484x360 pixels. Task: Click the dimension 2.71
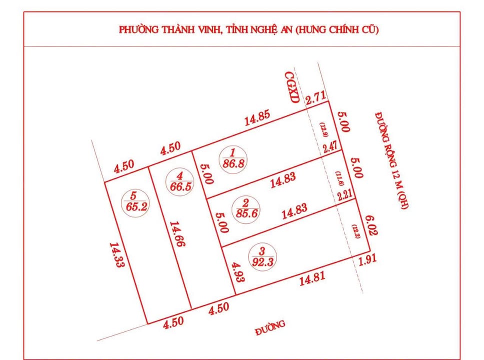point(316,97)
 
